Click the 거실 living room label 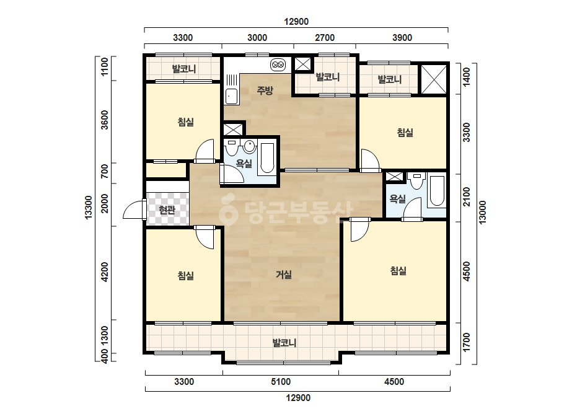pos(283,275)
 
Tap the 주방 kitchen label pos(265,90)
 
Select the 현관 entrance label pos(167,210)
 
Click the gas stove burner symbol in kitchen pos(278,65)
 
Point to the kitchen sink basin pos(231,96)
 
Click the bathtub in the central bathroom pos(266,158)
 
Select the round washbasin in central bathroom pos(250,146)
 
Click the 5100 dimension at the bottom pos(281,382)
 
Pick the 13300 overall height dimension pos(89,207)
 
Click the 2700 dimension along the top pos(325,38)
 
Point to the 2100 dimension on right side pos(467,197)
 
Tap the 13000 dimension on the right pos(482,213)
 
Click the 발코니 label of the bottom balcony pos(284,343)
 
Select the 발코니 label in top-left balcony pos(184,69)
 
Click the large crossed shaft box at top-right pos(434,79)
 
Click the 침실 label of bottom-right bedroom pos(398,270)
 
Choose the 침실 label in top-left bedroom pos(186,122)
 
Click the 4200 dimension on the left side pos(105,272)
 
